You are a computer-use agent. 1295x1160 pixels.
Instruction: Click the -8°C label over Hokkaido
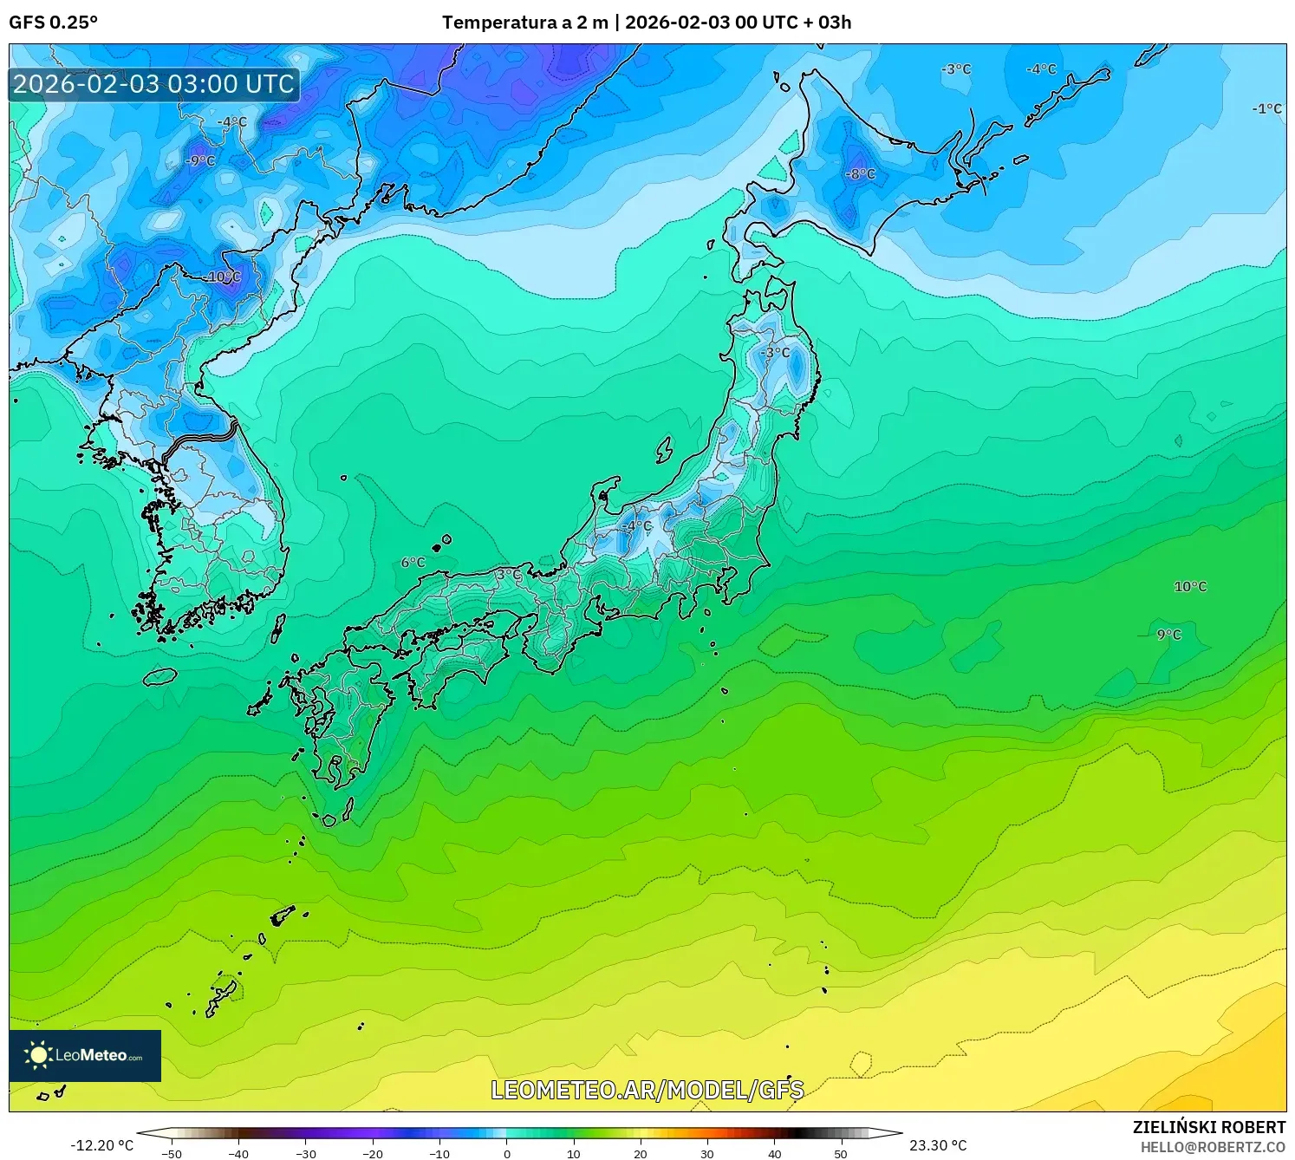point(861,174)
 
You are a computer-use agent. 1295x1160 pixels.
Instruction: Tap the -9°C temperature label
point(200,161)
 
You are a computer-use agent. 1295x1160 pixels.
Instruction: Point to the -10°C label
point(223,277)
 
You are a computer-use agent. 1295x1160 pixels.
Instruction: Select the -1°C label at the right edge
point(1266,109)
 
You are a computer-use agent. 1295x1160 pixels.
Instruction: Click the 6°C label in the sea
point(413,563)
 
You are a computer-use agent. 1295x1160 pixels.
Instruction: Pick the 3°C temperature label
point(509,575)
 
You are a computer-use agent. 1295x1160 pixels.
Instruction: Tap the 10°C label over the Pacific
point(1190,587)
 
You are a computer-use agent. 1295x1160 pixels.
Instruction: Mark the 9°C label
point(1169,635)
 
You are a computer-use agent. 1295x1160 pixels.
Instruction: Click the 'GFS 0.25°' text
point(54,23)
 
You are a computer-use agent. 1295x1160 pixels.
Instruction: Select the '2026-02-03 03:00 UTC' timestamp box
point(154,84)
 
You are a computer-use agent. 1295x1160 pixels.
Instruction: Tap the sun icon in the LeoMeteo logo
point(38,1055)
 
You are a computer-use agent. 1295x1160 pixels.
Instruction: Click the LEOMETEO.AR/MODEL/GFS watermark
point(647,1090)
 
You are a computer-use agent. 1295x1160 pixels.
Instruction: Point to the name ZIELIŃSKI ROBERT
point(1209,1127)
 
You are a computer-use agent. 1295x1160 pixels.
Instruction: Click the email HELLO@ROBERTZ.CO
point(1213,1147)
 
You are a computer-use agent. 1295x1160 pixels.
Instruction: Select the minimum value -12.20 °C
point(102,1145)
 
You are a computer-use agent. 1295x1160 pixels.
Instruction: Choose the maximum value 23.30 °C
point(938,1145)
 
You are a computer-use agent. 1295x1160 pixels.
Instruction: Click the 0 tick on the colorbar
point(507,1154)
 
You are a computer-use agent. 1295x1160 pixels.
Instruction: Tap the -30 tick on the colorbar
point(306,1154)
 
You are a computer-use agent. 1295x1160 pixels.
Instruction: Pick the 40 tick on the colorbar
point(774,1154)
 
